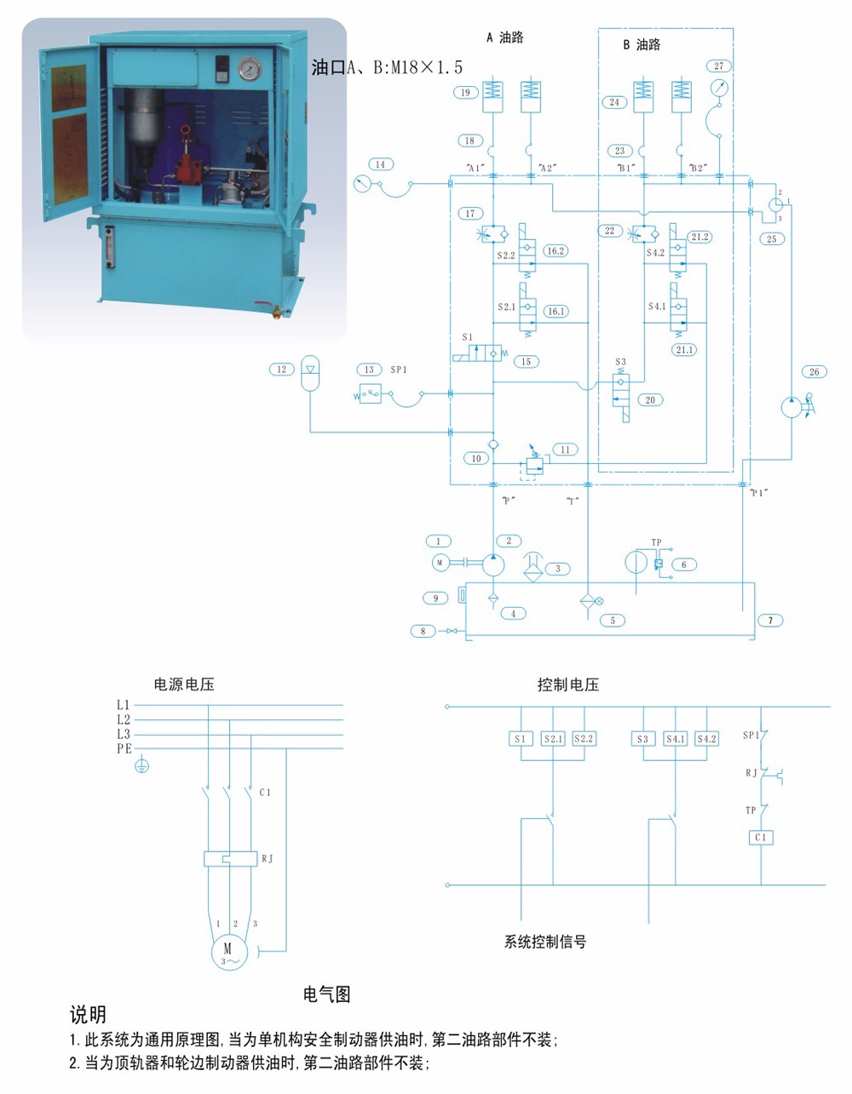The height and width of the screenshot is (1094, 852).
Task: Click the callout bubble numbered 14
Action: tap(380, 164)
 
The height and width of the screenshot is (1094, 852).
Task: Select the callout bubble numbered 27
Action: tap(719, 66)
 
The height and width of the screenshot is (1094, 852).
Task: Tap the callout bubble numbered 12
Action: tap(282, 369)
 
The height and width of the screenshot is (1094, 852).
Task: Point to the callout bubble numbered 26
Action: tap(815, 372)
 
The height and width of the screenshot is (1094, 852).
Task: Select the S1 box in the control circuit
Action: tap(520, 739)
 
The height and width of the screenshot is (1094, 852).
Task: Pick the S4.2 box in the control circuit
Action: tap(706, 739)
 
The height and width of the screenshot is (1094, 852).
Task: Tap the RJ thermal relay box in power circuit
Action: tap(230, 859)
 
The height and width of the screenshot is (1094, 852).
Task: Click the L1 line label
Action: tap(124, 705)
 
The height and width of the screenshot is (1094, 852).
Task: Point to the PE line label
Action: tap(124, 749)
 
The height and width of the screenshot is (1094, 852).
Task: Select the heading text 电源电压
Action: tap(184, 684)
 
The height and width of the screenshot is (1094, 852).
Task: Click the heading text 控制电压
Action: tap(568, 684)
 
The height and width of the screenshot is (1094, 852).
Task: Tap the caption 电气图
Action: tap(327, 994)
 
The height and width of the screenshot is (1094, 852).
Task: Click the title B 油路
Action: tap(642, 44)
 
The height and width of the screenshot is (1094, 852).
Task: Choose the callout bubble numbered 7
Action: tap(770, 621)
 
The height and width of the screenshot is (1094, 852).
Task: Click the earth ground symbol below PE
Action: tap(142, 766)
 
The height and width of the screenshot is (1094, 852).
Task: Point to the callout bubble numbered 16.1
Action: tap(556, 312)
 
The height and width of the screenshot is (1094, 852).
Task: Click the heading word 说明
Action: tap(88, 1015)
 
